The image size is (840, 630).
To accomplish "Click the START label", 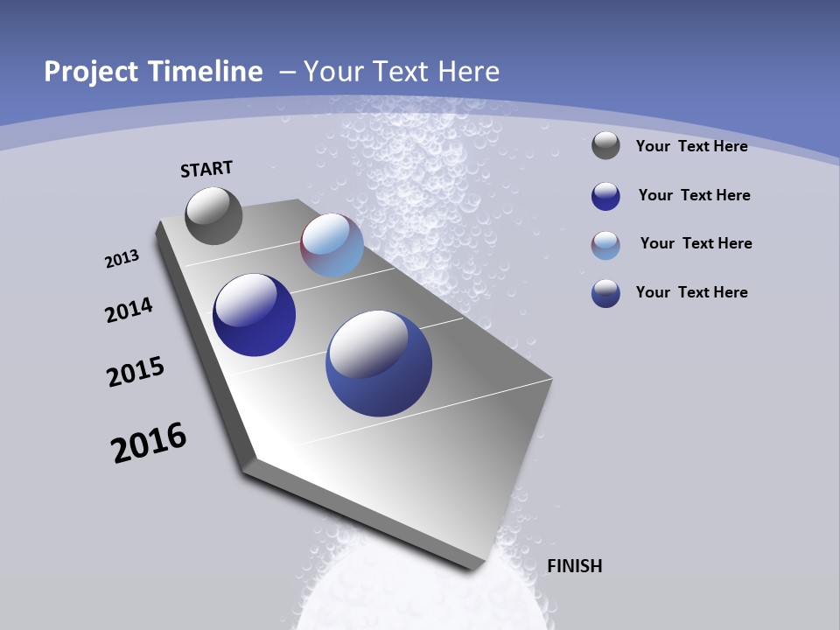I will (x=206, y=169).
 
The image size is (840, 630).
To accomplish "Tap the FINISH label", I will (x=574, y=566).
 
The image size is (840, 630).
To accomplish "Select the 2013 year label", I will (x=122, y=259).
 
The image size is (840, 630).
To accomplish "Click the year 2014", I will (x=129, y=310).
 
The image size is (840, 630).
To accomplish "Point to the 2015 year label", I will (x=136, y=372).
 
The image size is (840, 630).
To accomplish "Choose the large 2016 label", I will (x=149, y=443).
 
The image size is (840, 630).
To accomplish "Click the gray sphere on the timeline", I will (x=213, y=215).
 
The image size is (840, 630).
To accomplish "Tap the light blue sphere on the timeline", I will (x=332, y=245).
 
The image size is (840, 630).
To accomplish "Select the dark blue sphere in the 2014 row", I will (x=254, y=315).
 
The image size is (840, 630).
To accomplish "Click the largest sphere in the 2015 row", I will (x=378, y=363).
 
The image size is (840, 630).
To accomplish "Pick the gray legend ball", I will (x=605, y=146).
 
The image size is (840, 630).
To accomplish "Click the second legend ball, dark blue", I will (x=605, y=196).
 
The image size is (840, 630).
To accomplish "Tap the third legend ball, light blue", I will (x=605, y=245).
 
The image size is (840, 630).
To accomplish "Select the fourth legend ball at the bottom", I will (x=605, y=293).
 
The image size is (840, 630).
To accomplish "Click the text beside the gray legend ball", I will (x=691, y=146).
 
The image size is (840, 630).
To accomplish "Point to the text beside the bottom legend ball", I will (x=691, y=292).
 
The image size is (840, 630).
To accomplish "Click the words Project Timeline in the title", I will (x=153, y=72).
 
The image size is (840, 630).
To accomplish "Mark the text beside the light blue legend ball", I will (x=696, y=243).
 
